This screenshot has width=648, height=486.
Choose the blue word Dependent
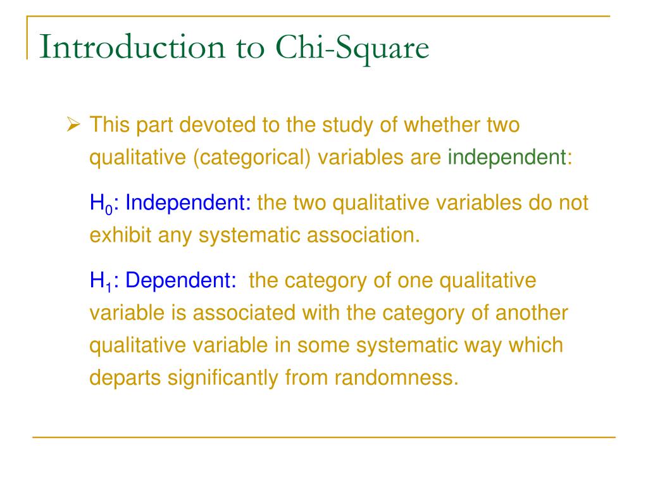181,281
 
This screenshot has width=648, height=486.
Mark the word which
535,345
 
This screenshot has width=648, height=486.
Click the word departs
125,377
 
